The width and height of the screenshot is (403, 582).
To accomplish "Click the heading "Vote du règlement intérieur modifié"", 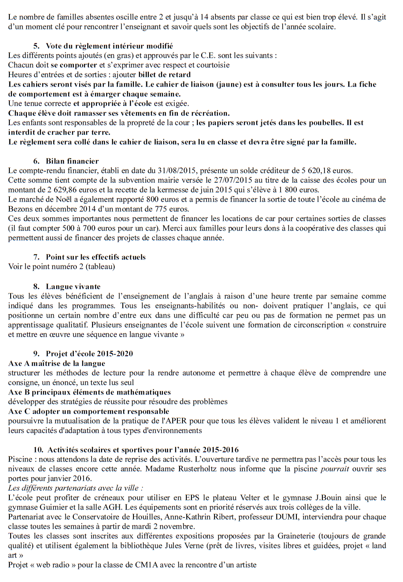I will (x=109, y=46).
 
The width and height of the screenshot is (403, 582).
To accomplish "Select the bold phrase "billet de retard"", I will (x=164, y=75).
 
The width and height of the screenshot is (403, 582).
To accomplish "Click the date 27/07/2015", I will (x=235, y=180).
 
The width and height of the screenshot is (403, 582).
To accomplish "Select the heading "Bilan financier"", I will (x=72, y=161).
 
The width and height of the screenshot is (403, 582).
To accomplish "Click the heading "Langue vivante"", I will (x=73, y=287).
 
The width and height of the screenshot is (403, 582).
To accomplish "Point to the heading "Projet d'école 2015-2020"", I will (x=89, y=354).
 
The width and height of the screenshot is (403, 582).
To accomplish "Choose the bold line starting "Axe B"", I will (x=89, y=392).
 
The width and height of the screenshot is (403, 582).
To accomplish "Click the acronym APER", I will (x=176, y=421).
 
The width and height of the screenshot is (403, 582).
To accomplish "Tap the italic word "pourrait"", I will (x=334, y=469).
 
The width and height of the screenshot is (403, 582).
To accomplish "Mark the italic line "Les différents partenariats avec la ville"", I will (x=75, y=488).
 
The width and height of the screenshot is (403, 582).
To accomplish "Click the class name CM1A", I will (x=146, y=565).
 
